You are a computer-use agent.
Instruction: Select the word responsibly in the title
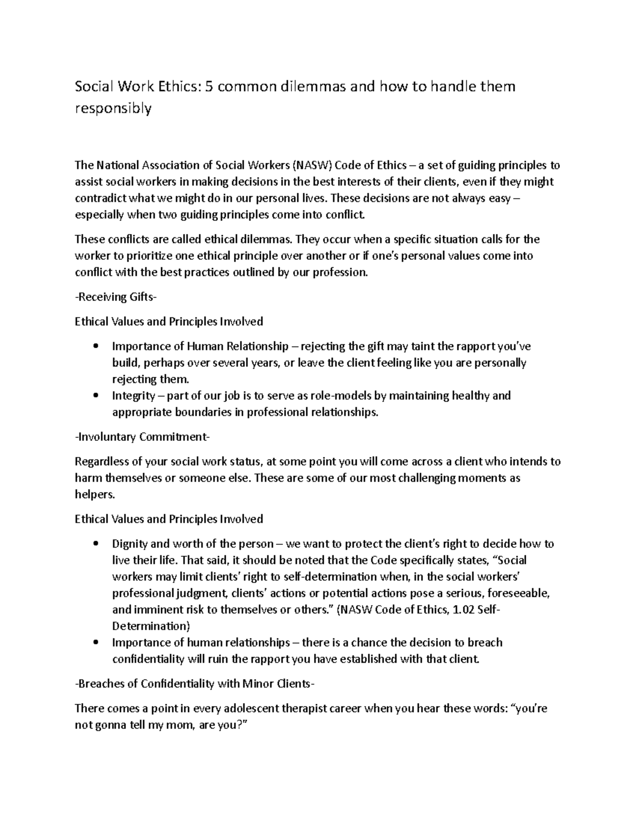pos(113,109)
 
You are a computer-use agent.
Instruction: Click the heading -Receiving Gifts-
pos(116,297)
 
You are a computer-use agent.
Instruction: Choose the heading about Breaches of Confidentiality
pos(195,684)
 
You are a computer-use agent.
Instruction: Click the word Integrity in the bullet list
pos(133,396)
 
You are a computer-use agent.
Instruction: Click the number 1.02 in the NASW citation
pos(463,609)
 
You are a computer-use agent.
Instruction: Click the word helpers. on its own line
pos(94,494)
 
